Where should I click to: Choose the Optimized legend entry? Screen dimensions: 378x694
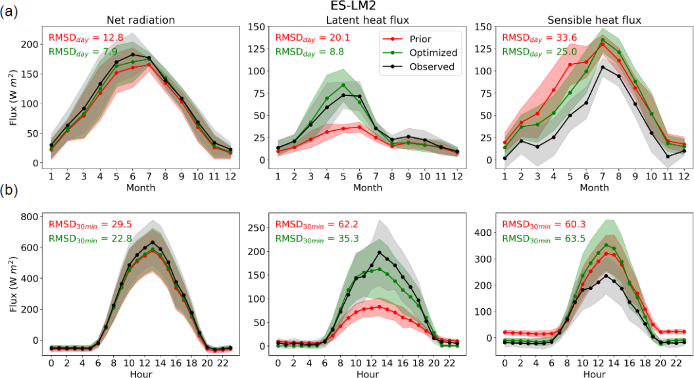[430, 52]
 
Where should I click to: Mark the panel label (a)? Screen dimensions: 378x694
[9, 12]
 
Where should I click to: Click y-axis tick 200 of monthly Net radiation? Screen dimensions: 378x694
[30, 44]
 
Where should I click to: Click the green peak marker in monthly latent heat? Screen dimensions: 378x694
[343, 85]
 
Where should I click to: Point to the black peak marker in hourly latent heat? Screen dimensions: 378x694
[380, 252]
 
